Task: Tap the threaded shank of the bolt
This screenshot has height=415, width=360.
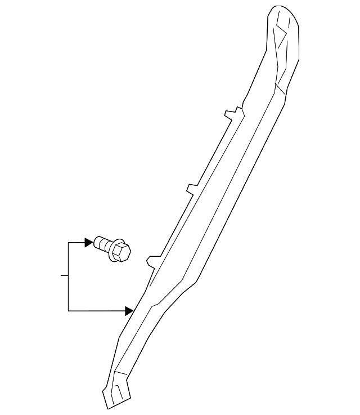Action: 101,244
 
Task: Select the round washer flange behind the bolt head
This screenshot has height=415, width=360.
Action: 114,248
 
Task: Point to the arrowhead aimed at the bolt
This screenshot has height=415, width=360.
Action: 88,242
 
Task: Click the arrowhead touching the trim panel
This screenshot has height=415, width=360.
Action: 129,310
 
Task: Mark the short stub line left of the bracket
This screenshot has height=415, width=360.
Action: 64,276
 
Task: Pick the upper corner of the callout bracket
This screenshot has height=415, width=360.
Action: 68,243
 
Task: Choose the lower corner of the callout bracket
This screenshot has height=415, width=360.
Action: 68,310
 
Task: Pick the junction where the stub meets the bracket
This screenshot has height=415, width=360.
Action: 68,276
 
